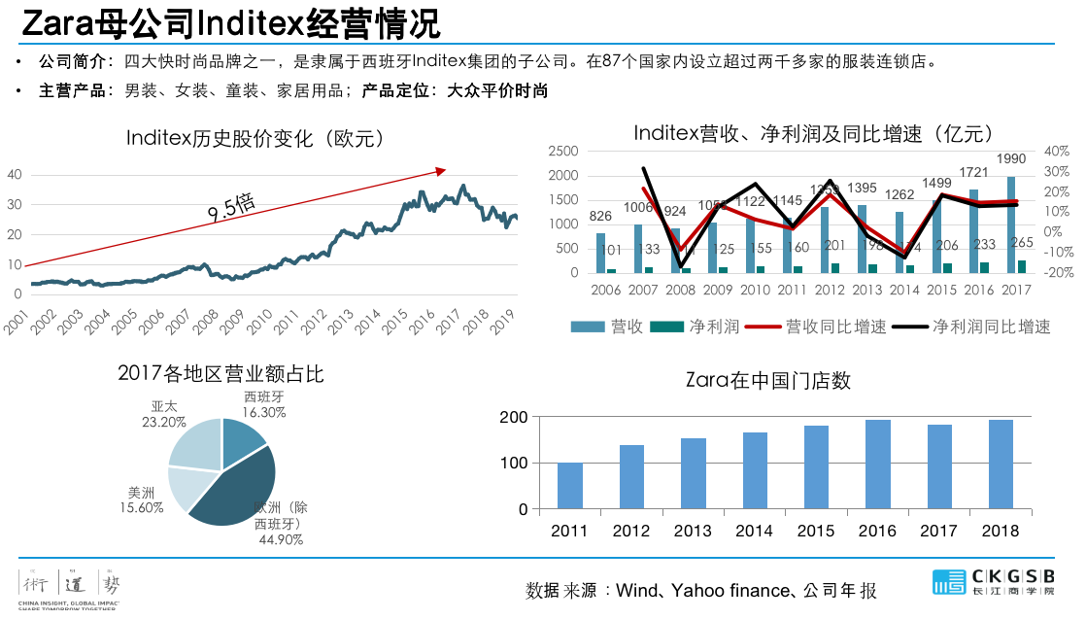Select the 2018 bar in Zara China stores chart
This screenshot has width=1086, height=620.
point(1001,465)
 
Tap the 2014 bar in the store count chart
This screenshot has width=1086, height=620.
point(755,470)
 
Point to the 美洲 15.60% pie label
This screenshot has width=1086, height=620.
point(141,500)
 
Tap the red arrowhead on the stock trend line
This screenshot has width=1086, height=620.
point(440,171)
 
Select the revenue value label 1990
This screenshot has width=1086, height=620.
point(1011,159)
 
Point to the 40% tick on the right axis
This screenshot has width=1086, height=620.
point(1057,152)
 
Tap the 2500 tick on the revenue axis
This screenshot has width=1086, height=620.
point(563,152)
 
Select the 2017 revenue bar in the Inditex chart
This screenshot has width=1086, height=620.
point(1011,224)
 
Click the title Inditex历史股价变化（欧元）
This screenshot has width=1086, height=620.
point(256,138)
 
